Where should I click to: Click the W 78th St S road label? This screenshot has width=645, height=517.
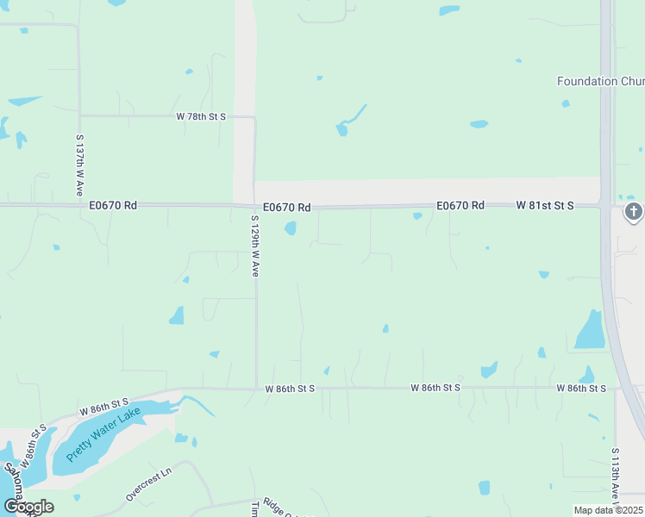pyautogui.click(x=201, y=115)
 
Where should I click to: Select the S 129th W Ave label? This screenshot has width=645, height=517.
pyautogui.click(x=255, y=246)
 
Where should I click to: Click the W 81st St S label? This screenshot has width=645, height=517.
pyautogui.click(x=545, y=205)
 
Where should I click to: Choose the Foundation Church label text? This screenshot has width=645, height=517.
pyautogui.click(x=600, y=81)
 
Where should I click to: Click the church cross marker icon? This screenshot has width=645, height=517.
pyautogui.click(x=634, y=212)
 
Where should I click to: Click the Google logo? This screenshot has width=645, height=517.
pyautogui.click(x=28, y=506)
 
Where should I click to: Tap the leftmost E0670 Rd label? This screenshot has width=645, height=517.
pyautogui.click(x=113, y=205)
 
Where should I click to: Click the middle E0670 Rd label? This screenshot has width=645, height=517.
pyautogui.click(x=287, y=207)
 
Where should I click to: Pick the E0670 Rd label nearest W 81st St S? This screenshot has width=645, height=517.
pyautogui.click(x=460, y=205)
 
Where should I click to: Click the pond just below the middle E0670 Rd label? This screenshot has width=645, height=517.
pyautogui.click(x=291, y=228)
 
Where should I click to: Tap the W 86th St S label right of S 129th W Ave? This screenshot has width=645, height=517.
pyautogui.click(x=290, y=389)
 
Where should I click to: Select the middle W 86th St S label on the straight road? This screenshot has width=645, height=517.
pyautogui.click(x=435, y=389)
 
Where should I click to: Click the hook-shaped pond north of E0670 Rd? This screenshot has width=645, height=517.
pyautogui.click(x=348, y=121)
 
